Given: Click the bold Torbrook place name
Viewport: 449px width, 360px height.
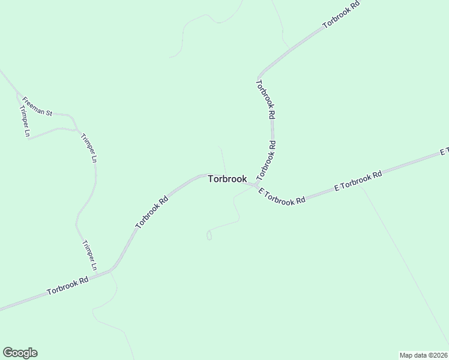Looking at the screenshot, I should (x=227, y=179).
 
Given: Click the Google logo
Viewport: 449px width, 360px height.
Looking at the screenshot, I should (x=20, y=353).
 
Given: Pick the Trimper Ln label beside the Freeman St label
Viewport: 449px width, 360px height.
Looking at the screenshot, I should (x=25, y=122).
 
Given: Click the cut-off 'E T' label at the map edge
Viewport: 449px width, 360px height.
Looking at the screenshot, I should (x=444, y=152).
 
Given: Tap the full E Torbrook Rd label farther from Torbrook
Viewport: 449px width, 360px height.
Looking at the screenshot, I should (x=358, y=181).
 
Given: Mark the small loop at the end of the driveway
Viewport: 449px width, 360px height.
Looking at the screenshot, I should (x=209, y=236).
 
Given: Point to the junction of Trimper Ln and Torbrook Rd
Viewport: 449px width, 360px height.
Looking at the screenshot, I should (x=112, y=271).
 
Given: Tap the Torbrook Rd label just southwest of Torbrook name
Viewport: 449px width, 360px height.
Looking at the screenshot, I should (x=151, y=210).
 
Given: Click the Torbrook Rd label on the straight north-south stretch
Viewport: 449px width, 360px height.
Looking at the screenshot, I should (x=265, y=98).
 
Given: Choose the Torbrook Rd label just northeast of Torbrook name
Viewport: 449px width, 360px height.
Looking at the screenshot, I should (x=267, y=161).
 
